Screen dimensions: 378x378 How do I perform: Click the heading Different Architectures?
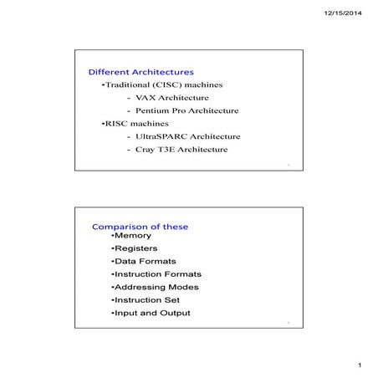(x=140, y=72)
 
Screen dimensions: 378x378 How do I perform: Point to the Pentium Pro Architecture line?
(x=186, y=110)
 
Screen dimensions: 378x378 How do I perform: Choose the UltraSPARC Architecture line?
(x=187, y=136)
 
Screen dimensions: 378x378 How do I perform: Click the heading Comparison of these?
(x=140, y=227)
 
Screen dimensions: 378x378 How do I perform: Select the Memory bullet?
(x=131, y=236)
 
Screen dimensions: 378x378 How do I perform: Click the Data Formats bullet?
(x=142, y=261)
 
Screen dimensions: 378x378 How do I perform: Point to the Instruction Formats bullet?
(x=156, y=273)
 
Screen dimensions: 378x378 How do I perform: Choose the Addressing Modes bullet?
(x=155, y=287)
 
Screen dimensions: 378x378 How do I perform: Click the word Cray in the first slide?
(x=145, y=150)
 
